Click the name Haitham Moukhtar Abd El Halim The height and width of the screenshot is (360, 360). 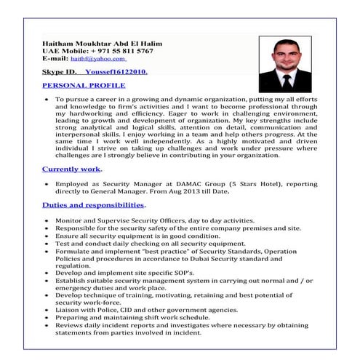[102, 44]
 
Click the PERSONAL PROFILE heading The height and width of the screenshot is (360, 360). [83, 85]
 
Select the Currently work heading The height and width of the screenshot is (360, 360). [71, 169]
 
